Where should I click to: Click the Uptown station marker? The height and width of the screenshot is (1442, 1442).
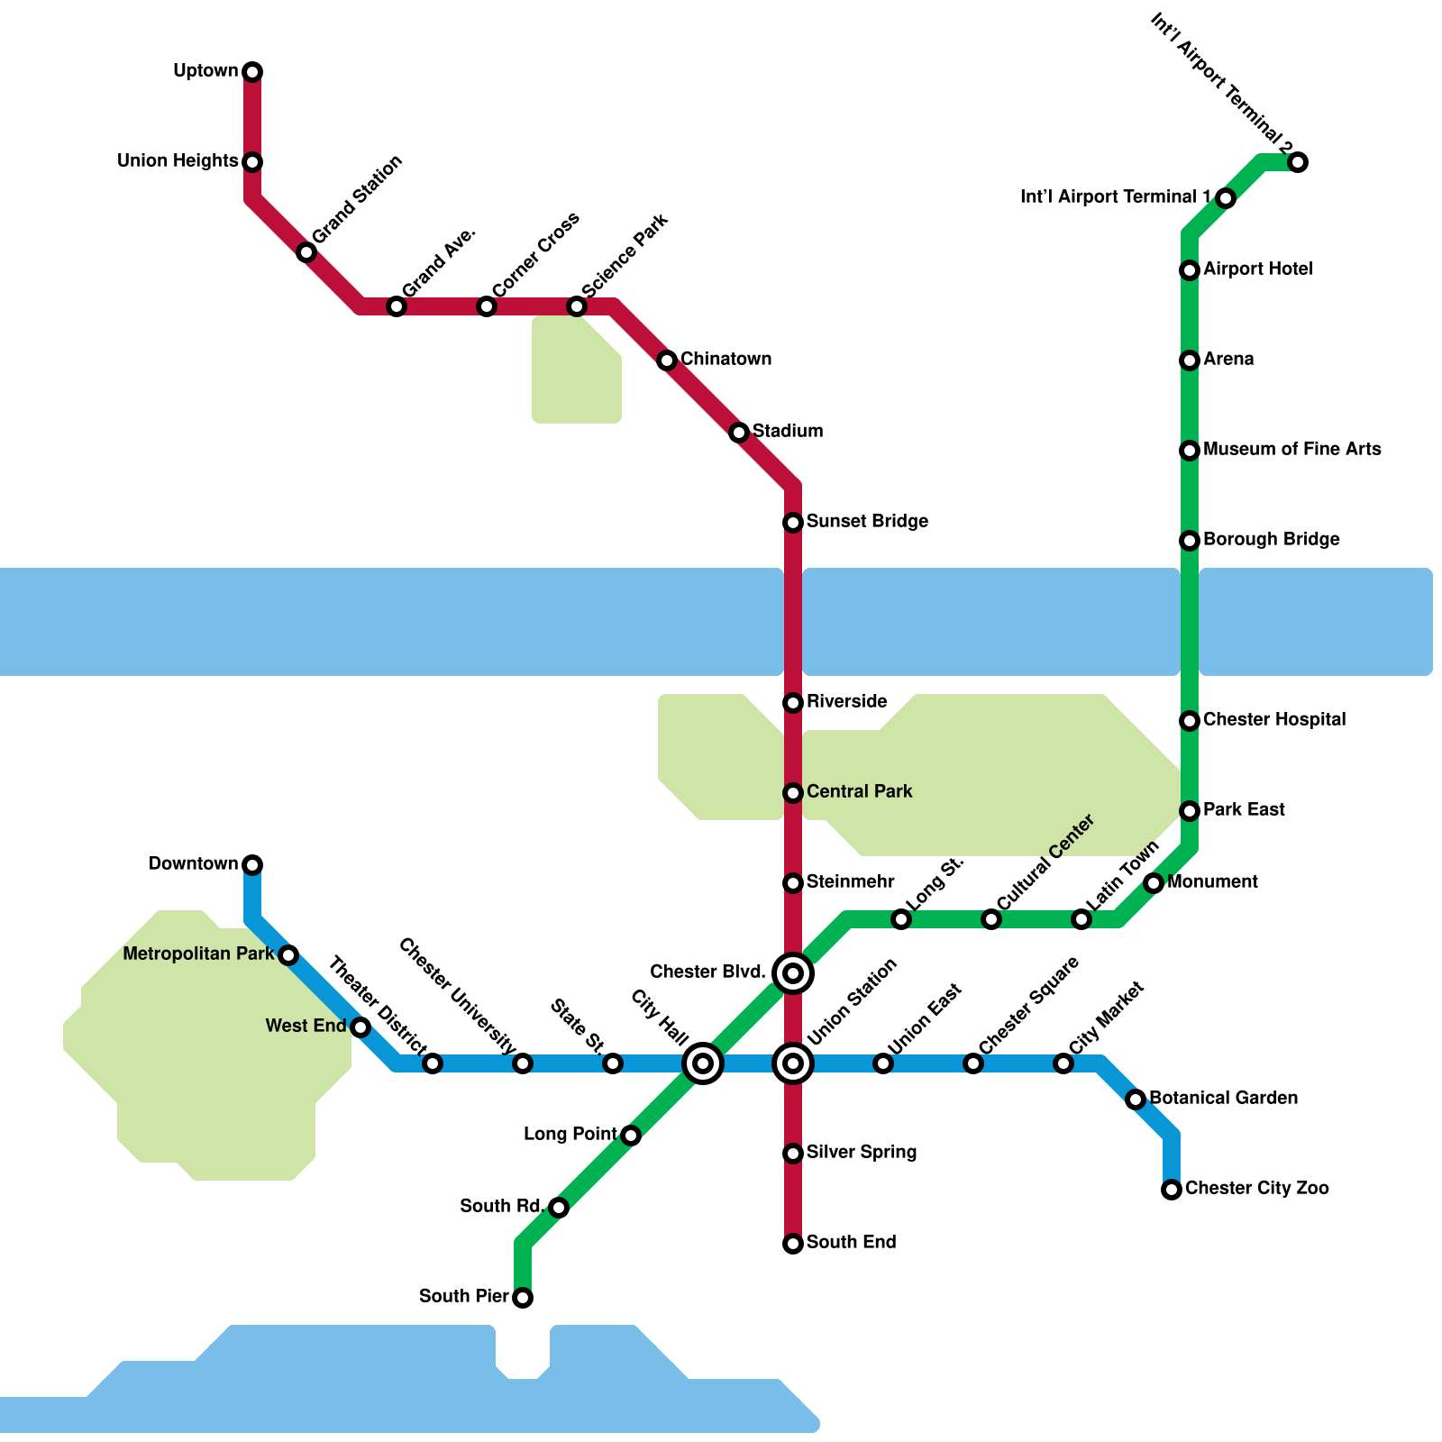tap(252, 72)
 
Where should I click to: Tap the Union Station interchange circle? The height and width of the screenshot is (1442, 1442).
tap(793, 1063)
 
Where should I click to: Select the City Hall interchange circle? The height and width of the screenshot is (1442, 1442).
tap(703, 1063)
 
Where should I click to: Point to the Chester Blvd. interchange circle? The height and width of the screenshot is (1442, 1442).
tap(793, 973)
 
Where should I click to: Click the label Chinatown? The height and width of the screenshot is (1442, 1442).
tap(726, 359)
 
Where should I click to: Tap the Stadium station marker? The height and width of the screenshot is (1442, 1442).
tap(739, 433)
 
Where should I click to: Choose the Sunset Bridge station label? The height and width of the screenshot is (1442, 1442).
tap(867, 521)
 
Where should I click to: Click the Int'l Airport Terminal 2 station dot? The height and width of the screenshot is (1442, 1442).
tap(1298, 162)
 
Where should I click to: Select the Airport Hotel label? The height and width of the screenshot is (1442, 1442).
tap(1257, 269)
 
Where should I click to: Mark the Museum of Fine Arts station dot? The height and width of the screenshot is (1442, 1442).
tap(1190, 451)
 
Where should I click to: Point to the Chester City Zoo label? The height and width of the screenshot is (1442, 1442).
tap(1256, 1188)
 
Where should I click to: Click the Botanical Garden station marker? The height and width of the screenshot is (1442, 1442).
tap(1136, 1100)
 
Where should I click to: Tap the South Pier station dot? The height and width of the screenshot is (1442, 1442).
tap(523, 1298)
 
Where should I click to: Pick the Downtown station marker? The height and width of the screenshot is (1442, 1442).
tap(252, 865)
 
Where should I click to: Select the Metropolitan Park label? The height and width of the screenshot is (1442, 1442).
tap(198, 954)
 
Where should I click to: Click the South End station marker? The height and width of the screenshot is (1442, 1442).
tap(793, 1244)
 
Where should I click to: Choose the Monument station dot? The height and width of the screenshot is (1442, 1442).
tap(1154, 883)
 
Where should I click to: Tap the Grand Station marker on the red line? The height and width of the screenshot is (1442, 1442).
tap(306, 252)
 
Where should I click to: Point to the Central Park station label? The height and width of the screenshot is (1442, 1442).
tap(859, 791)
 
